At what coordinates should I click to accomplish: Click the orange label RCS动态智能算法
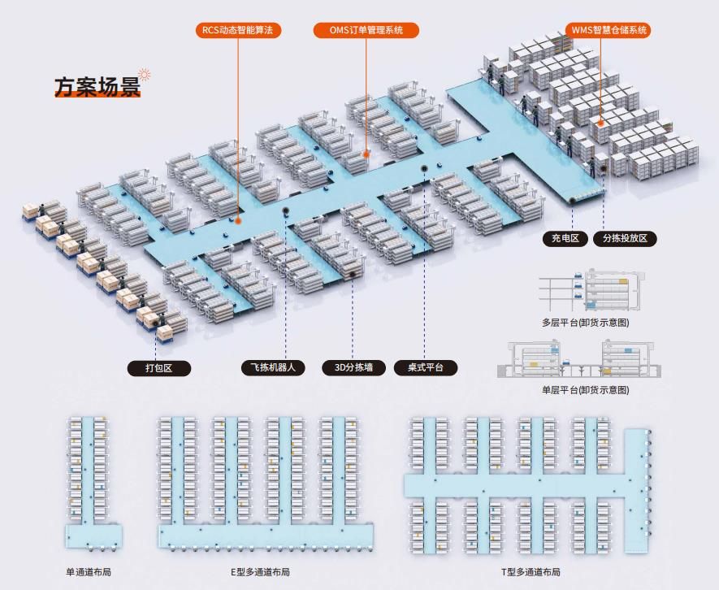[x=239, y=30]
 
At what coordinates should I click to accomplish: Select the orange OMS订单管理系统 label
[x=366, y=30]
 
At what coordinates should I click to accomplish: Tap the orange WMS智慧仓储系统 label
[x=609, y=30]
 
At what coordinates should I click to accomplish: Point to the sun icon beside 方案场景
[x=145, y=75]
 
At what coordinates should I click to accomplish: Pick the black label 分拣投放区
[x=625, y=238]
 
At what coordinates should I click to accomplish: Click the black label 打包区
[x=159, y=368]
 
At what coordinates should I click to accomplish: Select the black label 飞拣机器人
[x=273, y=367]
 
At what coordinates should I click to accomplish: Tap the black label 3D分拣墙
[x=353, y=367]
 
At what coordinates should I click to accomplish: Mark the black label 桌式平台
[x=425, y=367]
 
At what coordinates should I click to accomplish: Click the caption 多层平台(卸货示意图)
[x=585, y=323]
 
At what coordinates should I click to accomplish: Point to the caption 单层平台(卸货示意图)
[x=585, y=390]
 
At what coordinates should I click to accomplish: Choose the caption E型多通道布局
[x=260, y=572]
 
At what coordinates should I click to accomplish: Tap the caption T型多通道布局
[x=530, y=572]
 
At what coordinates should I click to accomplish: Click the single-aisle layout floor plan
[x=93, y=484]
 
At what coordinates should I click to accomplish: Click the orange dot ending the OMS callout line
[x=366, y=152]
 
